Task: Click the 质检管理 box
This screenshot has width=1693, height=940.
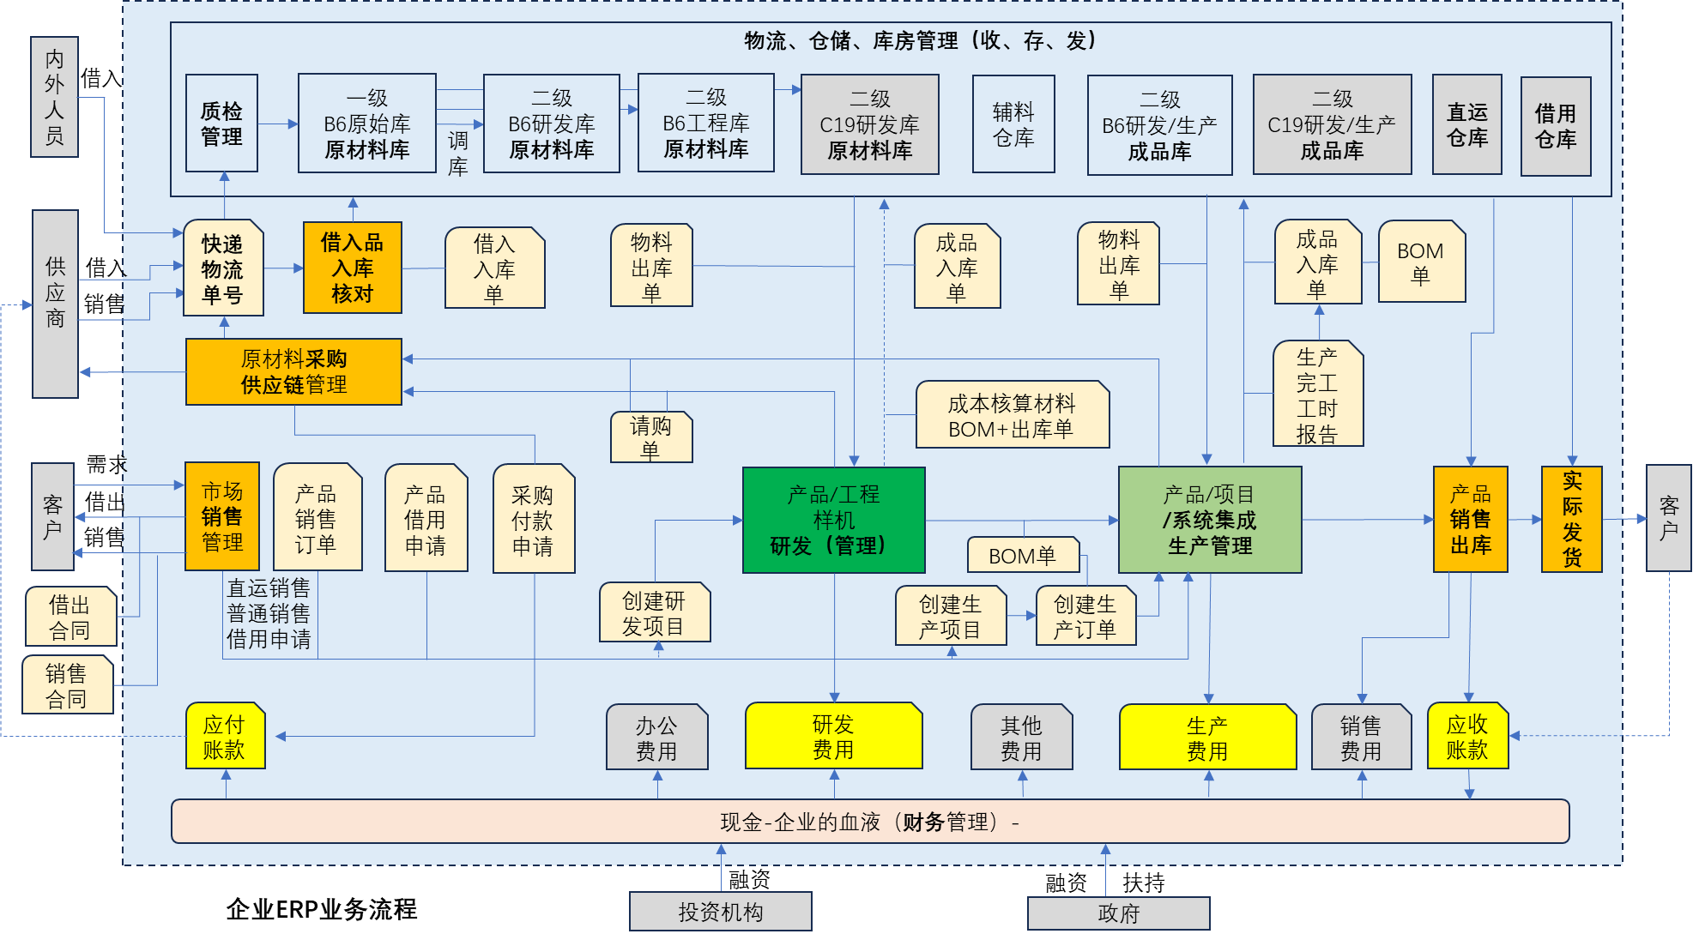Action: pos(221,124)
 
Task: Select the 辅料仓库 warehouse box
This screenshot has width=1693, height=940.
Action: pos(1013,124)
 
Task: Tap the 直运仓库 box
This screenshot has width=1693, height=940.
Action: pos(1466,124)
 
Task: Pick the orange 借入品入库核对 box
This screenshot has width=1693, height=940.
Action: pos(352,268)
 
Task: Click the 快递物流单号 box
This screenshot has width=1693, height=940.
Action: pos(222,268)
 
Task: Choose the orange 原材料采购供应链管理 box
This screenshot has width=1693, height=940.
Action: pos(293,371)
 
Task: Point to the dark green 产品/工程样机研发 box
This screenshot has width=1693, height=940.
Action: pos(833,520)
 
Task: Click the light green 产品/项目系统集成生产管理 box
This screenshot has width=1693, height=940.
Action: pos(1209,520)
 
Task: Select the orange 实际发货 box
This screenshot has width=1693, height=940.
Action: pos(1571,519)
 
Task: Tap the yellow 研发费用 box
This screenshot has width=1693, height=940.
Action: pos(833,736)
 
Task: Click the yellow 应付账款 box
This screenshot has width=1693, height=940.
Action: pos(225,736)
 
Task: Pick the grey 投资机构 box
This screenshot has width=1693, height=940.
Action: pos(720,911)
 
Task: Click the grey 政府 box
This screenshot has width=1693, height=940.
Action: pos(1118,913)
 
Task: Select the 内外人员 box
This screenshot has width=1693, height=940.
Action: pos(54,97)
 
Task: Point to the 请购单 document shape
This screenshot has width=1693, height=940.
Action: pos(650,437)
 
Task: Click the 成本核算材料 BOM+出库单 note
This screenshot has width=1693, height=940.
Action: pos(1012,415)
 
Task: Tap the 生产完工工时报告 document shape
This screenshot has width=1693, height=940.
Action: pos(1317,394)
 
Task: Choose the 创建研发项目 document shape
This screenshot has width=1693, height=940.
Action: pos(654,612)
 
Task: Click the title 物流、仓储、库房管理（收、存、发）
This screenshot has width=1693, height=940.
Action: pos(919,40)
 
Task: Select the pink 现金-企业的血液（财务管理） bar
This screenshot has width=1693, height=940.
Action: pos(869,822)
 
